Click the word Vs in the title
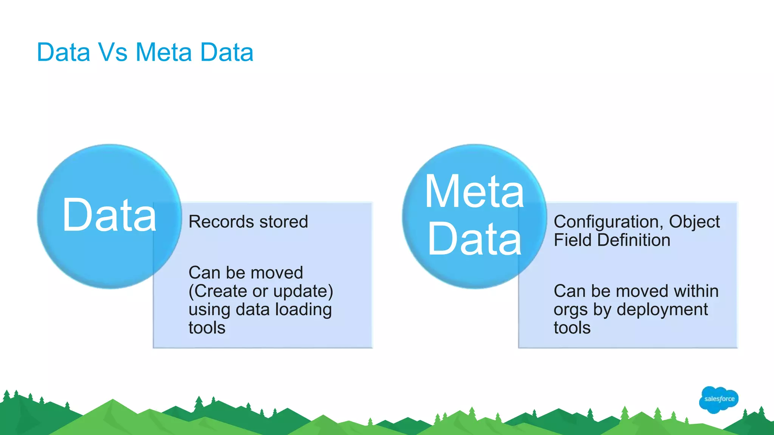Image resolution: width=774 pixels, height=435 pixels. pyautogui.click(x=113, y=52)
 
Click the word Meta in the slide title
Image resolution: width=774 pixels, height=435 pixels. pyautogui.click(x=164, y=52)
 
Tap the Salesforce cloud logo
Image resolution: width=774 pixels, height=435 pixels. pyautogui.click(x=718, y=399)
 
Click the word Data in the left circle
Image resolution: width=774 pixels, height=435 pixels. pyautogui.click(x=109, y=216)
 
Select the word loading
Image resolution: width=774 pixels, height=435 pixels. pyautogui.click(x=303, y=310)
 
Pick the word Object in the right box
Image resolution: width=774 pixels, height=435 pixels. pyautogui.click(x=694, y=222)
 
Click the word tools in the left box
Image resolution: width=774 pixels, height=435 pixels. pyautogui.click(x=207, y=328)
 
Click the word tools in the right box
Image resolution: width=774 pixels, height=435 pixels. pyautogui.click(x=572, y=328)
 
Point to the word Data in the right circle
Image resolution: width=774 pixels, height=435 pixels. pyautogui.click(x=474, y=239)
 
